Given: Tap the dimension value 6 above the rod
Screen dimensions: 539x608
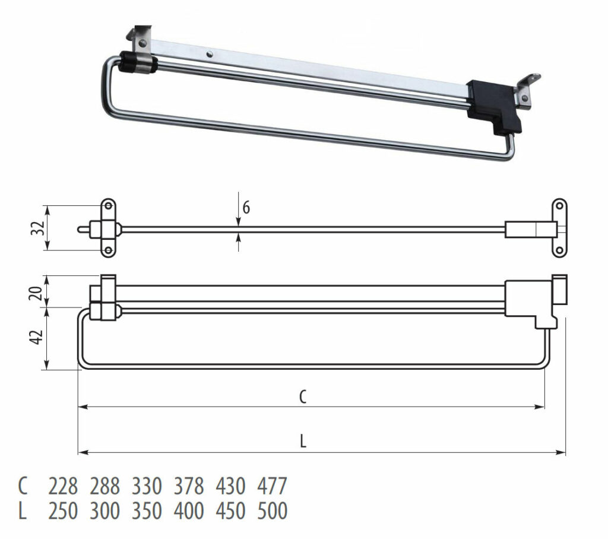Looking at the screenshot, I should point(246,208).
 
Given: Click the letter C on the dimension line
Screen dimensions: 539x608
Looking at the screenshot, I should point(303,397).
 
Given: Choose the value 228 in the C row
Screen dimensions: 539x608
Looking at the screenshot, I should point(63,487).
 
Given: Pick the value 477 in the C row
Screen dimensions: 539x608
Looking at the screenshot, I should point(273,487).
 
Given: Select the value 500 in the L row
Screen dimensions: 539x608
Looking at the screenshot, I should point(273,511).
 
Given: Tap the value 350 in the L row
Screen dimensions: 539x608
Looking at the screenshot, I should point(147,511).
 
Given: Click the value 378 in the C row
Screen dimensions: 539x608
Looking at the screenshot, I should point(189,487).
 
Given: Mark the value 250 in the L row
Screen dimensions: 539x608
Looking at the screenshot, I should point(63,511).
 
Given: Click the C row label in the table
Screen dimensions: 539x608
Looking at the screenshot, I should point(23,487).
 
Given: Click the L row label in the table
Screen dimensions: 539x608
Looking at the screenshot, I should point(23,511).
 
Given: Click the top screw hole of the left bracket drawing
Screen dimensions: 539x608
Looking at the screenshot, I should point(109,207).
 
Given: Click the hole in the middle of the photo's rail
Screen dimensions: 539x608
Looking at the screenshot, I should point(209,54).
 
